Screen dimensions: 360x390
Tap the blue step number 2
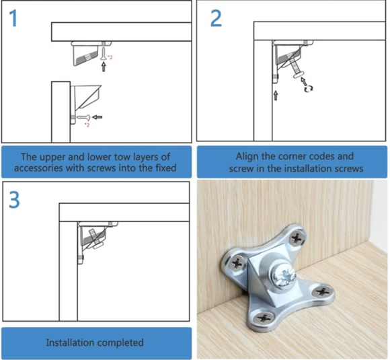click(x=215, y=18)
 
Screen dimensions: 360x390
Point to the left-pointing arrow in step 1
click(x=99, y=116)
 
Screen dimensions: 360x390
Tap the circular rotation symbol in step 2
click(x=309, y=85)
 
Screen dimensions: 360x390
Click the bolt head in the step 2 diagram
click(x=299, y=74)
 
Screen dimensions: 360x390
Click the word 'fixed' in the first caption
click(x=163, y=168)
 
